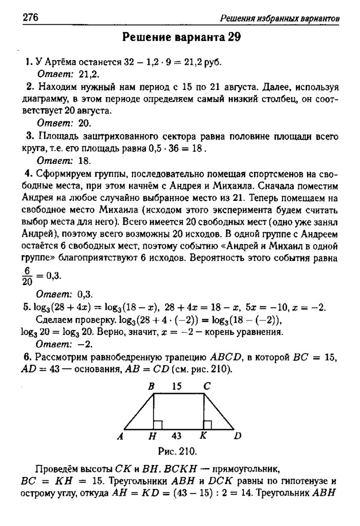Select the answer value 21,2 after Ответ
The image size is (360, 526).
89,73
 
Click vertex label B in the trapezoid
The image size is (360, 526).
152,387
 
